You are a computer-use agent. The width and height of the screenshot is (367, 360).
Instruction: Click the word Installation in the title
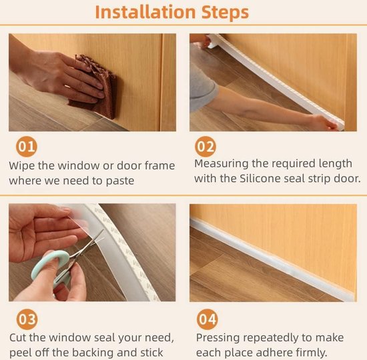[x=145, y=12]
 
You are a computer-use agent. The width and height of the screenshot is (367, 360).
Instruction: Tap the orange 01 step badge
[x=27, y=147]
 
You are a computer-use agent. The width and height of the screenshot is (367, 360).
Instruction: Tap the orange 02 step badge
[x=206, y=147]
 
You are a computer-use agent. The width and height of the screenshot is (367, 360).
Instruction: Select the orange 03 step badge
[x=27, y=319]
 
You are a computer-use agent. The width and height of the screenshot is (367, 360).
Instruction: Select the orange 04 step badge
[x=207, y=319]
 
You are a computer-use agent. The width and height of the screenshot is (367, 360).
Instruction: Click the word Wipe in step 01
[x=22, y=165]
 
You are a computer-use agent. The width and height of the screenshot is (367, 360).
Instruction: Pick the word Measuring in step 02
[x=221, y=164]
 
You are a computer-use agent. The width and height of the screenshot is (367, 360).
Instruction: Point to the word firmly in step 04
[x=311, y=353]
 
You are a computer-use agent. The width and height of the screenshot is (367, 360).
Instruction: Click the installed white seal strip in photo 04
[x=272, y=259]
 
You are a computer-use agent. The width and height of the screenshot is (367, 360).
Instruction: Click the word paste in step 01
[x=120, y=181]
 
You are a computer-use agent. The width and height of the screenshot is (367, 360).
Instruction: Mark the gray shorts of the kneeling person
[x=202, y=87]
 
